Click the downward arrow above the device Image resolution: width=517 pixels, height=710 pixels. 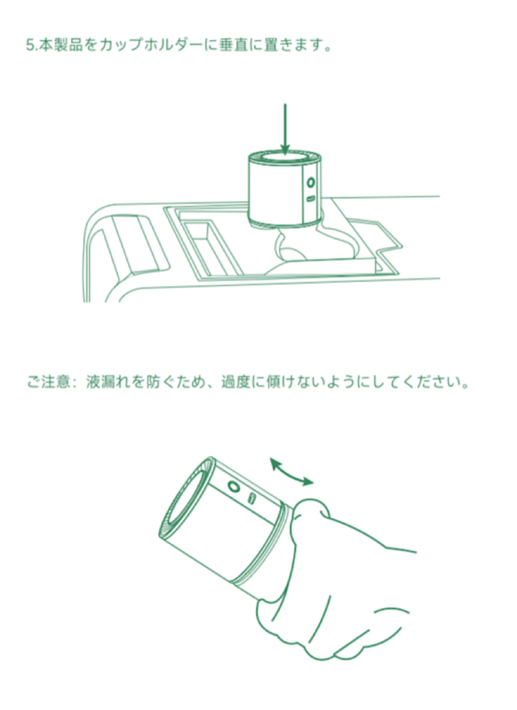tap(285, 129)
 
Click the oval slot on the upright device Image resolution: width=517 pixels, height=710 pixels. tap(311, 200)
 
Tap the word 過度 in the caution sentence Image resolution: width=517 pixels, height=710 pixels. tap(235, 384)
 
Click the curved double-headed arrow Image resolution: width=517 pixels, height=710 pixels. tap(291, 470)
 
